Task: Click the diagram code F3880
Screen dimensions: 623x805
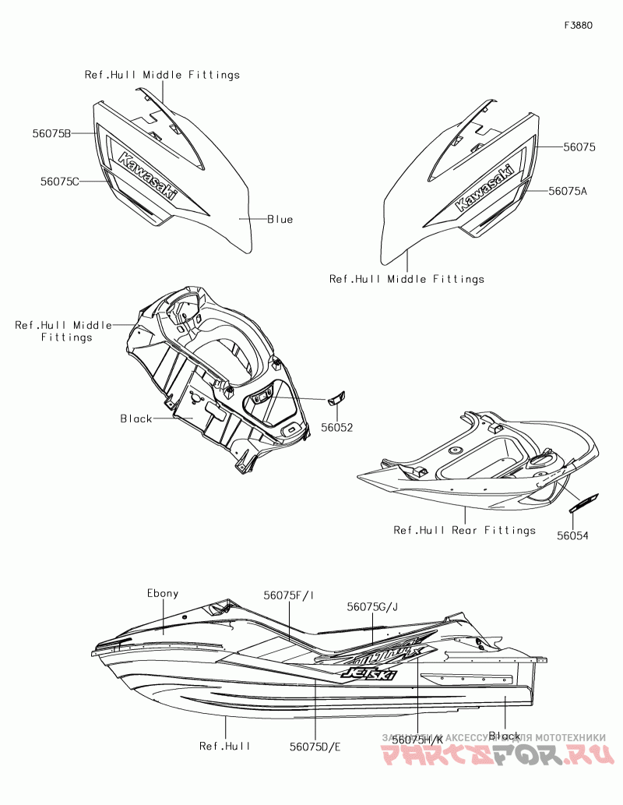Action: [579, 25]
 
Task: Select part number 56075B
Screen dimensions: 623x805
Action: [51, 134]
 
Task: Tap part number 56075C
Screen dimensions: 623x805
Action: [60, 182]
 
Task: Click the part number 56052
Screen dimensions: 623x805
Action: [337, 428]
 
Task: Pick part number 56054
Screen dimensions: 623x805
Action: [572, 535]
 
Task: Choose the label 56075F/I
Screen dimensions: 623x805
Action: [289, 595]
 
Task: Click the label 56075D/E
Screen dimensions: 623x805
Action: [315, 746]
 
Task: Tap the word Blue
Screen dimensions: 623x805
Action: [280, 220]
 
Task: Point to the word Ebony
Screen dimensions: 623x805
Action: [163, 593]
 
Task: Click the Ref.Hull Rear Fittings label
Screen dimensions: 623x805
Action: [464, 531]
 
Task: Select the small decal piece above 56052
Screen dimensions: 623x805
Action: [336, 398]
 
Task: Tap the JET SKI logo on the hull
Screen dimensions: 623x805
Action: [366, 672]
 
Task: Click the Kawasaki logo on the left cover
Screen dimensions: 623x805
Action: [148, 173]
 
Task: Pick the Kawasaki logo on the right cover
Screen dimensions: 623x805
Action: [484, 188]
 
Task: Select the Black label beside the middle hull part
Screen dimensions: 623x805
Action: [136, 419]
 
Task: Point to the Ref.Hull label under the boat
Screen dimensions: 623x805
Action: [225, 746]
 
